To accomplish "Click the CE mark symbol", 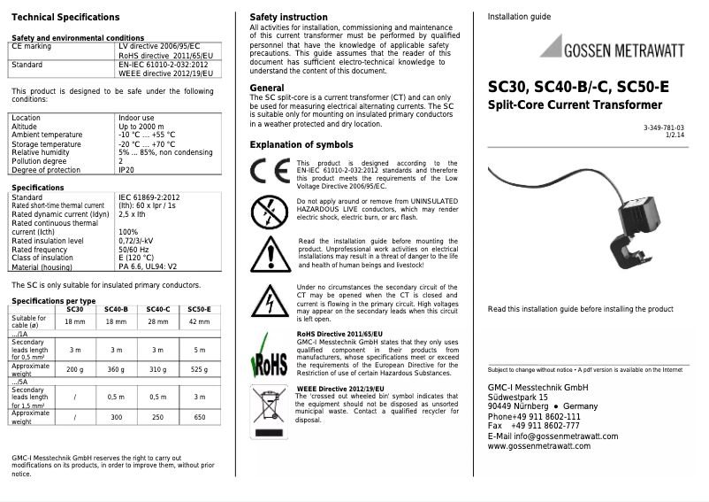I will click(270, 171).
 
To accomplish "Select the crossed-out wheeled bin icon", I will click(269, 408).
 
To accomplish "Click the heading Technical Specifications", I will click(65, 18).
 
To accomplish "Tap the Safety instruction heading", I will click(288, 17).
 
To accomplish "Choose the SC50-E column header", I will click(200, 309).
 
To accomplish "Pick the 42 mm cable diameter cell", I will click(200, 322).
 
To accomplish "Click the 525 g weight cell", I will click(200, 369).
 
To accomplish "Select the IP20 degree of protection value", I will click(126, 170).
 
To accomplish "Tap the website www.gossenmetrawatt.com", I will click(539, 446).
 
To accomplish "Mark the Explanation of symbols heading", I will click(301, 145).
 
